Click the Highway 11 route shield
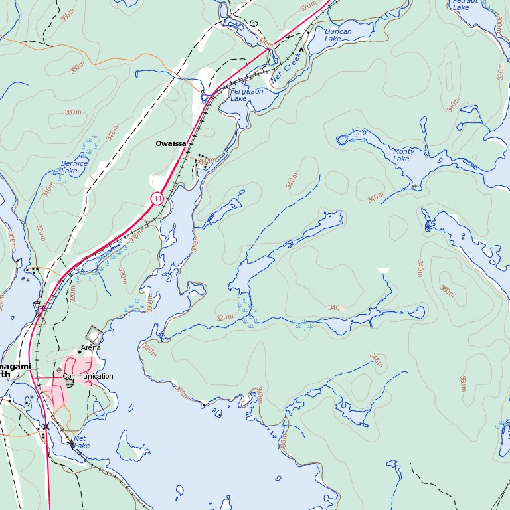157,198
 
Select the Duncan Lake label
338,35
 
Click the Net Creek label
286,72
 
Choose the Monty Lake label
403,155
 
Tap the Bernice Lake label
74,167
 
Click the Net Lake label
81,442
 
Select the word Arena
91,347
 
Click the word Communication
88,376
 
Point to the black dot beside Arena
79,352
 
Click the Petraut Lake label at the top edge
461,4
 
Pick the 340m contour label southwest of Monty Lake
375,198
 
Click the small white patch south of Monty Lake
383,270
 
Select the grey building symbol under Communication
70,383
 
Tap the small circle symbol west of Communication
59,369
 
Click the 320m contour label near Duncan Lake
308,7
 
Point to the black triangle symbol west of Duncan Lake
301,49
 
